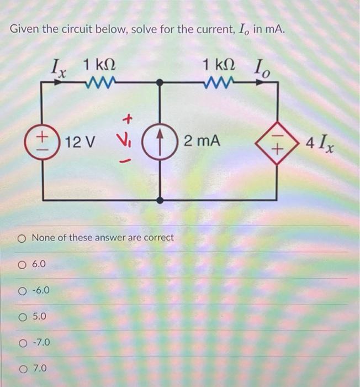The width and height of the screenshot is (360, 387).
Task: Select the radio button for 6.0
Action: coord(22,265)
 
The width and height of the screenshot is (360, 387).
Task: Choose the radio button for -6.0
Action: coord(22,291)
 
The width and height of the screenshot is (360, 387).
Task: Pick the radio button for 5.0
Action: coord(22,317)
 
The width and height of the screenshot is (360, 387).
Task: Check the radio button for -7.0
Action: coord(22,343)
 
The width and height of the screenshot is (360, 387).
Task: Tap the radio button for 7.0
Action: coord(22,368)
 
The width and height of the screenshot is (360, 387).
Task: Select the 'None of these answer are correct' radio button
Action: coord(22,238)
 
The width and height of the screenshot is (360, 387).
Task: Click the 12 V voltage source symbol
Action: coord(44,142)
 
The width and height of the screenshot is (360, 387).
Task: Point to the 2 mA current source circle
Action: coord(160,142)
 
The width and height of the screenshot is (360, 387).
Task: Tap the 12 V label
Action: coord(80,142)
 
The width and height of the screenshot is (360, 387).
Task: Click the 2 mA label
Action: coord(202,142)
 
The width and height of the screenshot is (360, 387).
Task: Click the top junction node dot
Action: coord(160,83)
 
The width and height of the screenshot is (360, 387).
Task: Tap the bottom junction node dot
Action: coord(160,200)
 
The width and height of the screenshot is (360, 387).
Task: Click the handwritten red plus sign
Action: coord(128,118)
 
